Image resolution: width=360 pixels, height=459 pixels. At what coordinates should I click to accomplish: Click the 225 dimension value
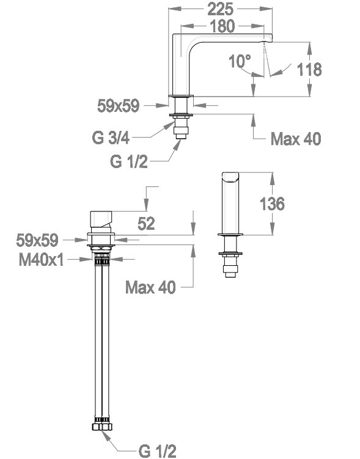click(x=220, y=9)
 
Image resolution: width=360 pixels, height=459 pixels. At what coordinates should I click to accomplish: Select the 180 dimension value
click(x=222, y=26)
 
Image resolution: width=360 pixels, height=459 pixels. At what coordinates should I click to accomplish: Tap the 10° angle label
click(x=240, y=61)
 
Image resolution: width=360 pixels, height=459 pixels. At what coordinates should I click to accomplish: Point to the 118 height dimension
click(x=309, y=70)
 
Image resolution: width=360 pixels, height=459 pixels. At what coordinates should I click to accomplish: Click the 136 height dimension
click(x=272, y=204)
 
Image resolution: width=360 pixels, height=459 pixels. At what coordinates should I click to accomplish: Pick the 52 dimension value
click(x=146, y=224)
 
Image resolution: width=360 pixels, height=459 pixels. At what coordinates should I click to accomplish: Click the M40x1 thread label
click(x=41, y=259)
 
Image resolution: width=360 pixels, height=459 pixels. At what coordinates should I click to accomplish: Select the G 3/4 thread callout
click(x=111, y=138)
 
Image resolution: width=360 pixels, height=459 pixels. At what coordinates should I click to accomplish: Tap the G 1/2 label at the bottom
click(x=158, y=451)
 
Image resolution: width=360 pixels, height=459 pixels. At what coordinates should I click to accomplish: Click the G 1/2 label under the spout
click(x=129, y=161)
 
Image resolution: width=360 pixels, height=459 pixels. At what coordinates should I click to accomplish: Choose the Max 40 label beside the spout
click(x=296, y=139)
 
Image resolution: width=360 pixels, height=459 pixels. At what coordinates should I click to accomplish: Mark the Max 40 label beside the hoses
click(x=150, y=287)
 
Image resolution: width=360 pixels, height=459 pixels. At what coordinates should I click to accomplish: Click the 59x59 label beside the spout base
click(x=118, y=106)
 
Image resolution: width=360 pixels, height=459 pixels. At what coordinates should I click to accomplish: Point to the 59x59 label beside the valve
click(x=37, y=240)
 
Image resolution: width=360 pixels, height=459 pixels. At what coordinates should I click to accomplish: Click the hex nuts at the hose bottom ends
click(x=102, y=426)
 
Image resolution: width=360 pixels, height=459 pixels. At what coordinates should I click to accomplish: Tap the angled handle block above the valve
click(x=101, y=219)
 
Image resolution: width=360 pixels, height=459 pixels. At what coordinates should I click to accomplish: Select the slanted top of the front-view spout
click(x=230, y=177)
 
